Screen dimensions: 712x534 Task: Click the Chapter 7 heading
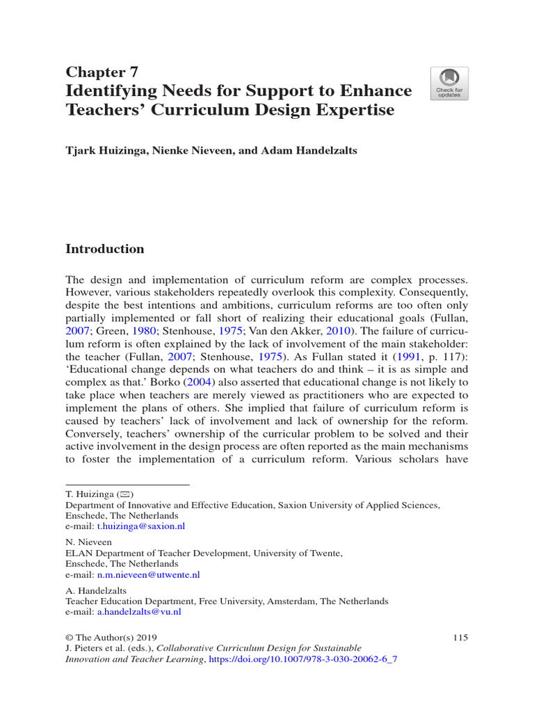coord(102,72)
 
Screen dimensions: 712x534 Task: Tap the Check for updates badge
coord(448,83)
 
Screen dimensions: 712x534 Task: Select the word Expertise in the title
coord(355,110)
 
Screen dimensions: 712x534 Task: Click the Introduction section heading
coord(104,249)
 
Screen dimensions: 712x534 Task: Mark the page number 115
coord(460,638)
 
